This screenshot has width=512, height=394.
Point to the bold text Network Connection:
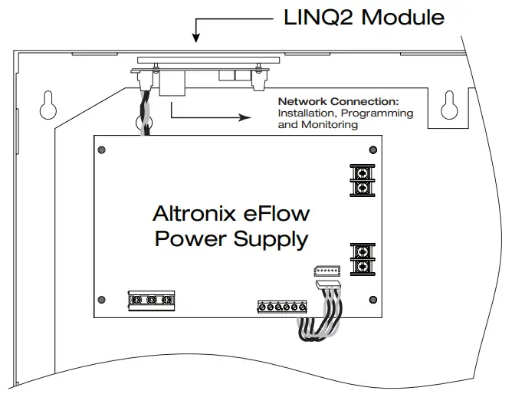tap(338, 101)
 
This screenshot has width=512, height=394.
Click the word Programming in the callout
tap(378, 113)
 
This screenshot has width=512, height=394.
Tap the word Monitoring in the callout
tap(330, 124)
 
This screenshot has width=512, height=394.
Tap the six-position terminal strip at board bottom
tap(282, 307)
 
